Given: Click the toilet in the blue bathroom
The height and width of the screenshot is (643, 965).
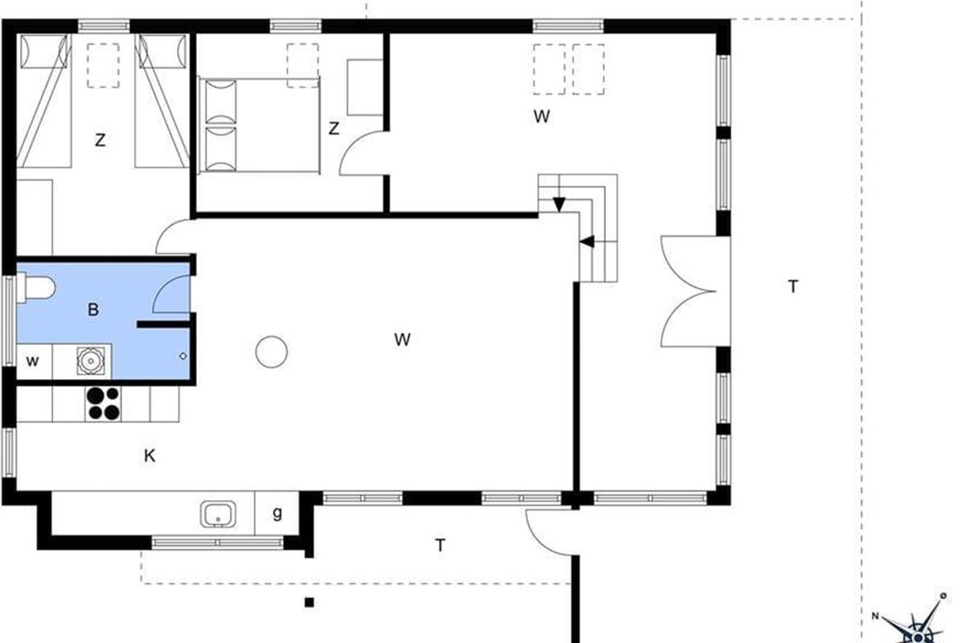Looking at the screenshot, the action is (36, 288).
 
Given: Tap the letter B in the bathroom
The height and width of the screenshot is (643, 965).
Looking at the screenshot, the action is (93, 309).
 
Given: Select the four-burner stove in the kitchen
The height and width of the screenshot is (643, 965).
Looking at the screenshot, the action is (104, 403).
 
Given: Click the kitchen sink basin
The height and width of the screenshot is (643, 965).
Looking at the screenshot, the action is (218, 514).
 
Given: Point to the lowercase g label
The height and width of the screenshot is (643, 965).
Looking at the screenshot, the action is (277, 513).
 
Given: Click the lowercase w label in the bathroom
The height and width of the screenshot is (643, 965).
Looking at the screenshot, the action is (32, 361).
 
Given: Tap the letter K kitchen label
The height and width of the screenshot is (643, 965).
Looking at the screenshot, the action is (150, 455).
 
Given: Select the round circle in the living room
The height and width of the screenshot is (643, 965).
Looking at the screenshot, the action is (272, 352).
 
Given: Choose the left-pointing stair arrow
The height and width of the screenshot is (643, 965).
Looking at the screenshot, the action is (587, 242).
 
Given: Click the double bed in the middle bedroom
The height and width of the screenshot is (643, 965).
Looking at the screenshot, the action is (259, 125).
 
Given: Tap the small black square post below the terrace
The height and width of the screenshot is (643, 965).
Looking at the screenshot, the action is (309, 602).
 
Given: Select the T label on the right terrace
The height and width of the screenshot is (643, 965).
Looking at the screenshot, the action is (793, 286).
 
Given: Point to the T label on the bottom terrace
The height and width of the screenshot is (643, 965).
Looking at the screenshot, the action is (440, 545).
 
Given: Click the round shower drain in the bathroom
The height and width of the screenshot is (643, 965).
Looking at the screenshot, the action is (91, 360).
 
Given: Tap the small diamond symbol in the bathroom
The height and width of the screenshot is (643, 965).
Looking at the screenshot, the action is (183, 356).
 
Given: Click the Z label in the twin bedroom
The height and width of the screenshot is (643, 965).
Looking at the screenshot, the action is (101, 140).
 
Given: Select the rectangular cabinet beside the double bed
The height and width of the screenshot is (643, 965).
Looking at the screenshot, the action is (365, 88).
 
